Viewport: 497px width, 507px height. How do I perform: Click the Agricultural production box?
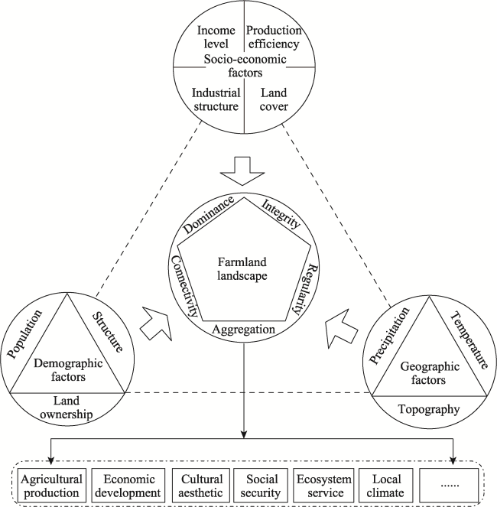(x=51, y=486)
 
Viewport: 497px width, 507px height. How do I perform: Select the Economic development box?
(x=128, y=486)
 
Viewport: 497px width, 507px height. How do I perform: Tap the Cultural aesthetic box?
(x=201, y=486)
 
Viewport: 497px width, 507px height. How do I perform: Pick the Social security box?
(x=261, y=486)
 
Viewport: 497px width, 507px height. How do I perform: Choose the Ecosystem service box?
(x=323, y=486)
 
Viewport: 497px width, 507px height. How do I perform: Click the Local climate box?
(x=386, y=486)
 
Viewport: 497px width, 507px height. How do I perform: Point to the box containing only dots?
(x=449, y=486)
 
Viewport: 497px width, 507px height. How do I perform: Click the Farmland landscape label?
(x=242, y=268)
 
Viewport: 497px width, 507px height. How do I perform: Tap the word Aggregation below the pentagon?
(x=243, y=330)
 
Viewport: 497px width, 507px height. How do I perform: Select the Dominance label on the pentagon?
(x=209, y=214)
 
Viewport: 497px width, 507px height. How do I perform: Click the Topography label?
(x=429, y=409)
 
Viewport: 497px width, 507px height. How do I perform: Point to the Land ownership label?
(x=67, y=408)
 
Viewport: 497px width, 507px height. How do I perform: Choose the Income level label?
(x=216, y=37)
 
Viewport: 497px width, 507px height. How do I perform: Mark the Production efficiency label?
(x=274, y=37)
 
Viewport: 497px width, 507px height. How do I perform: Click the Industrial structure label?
(x=216, y=99)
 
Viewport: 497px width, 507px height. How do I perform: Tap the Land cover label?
(x=274, y=99)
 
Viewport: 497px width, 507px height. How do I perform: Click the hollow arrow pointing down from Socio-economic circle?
(x=242, y=171)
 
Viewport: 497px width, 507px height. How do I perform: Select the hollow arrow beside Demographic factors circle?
(x=156, y=323)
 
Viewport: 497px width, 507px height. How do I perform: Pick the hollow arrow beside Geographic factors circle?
(x=342, y=329)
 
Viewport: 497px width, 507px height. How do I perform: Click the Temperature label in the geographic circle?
(x=469, y=340)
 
